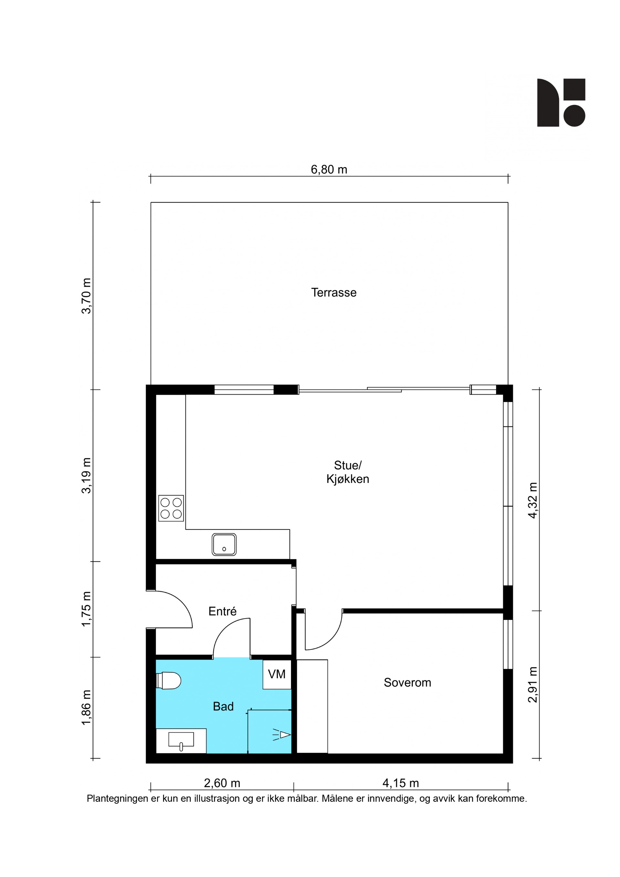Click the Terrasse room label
pyautogui.click(x=334, y=293)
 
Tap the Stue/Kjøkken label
pyautogui.click(x=347, y=472)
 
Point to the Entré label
pyautogui.click(x=222, y=611)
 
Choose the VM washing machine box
pyautogui.click(x=277, y=674)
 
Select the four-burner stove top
pyautogui.click(x=171, y=508)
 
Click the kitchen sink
pyautogui.click(x=224, y=544)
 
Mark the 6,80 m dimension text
pyautogui.click(x=329, y=170)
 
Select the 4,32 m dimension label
pyautogui.click(x=532, y=500)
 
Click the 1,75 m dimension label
pyautogui.click(x=87, y=609)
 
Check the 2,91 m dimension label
pyautogui.click(x=532, y=684)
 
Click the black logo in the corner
pyautogui.click(x=561, y=102)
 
